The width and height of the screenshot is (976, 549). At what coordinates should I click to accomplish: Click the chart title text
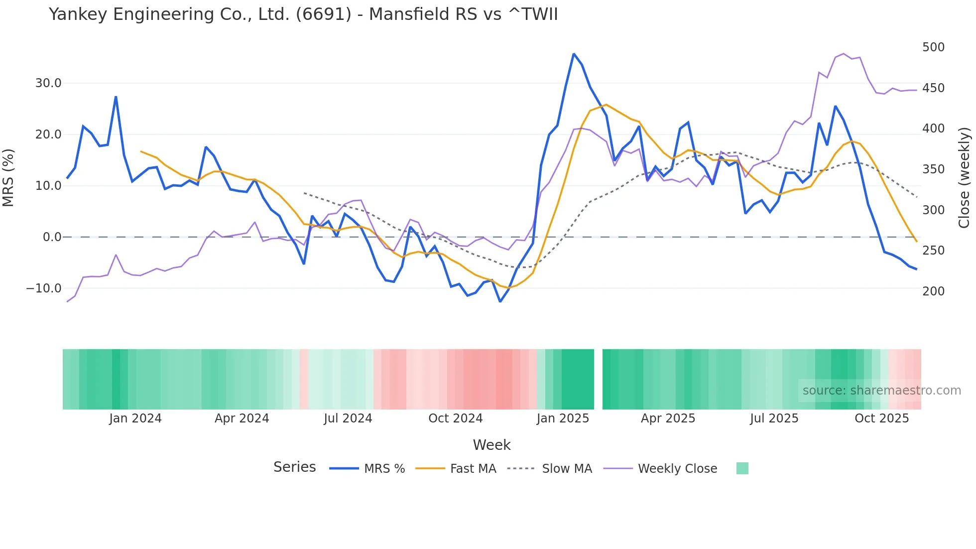(x=303, y=14)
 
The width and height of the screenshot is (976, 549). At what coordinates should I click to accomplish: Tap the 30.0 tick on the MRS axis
(x=48, y=83)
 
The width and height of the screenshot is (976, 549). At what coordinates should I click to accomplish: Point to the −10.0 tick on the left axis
(x=44, y=288)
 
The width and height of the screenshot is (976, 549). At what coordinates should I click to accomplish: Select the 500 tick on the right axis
(x=933, y=47)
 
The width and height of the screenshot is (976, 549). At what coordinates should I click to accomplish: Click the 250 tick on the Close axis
(x=933, y=251)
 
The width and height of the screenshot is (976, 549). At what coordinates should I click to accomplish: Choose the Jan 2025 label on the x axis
(x=563, y=418)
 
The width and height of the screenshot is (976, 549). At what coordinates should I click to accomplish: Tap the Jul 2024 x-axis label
(x=348, y=418)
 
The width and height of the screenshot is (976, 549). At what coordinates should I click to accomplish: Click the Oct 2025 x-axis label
(x=881, y=418)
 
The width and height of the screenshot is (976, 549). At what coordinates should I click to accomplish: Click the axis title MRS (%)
(x=8, y=178)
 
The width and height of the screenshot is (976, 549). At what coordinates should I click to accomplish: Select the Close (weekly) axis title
(x=964, y=178)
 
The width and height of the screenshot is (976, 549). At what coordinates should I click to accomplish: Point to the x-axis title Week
(x=491, y=445)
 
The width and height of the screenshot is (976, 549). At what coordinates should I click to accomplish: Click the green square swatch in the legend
(x=742, y=468)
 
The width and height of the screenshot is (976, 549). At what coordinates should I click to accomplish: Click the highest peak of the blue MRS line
(x=574, y=54)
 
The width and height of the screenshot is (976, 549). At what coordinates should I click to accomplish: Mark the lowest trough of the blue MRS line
(x=500, y=301)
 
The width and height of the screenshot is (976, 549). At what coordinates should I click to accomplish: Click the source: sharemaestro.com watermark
(x=881, y=391)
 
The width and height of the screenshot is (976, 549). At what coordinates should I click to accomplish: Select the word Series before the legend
(x=294, y=467)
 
